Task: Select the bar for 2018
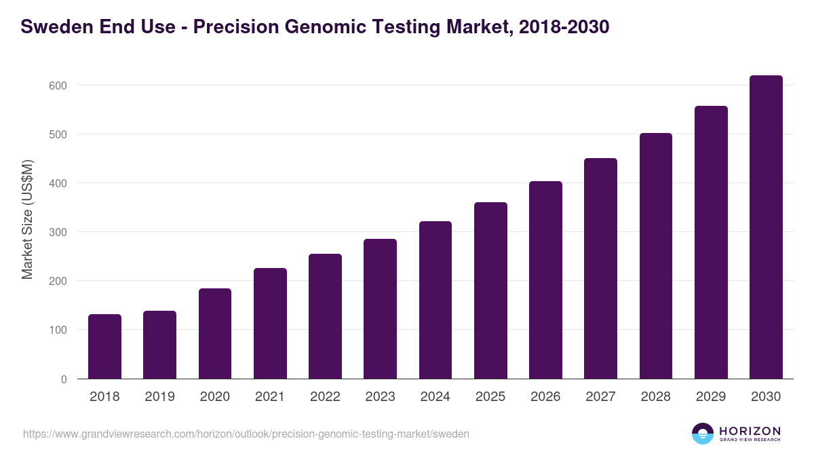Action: pyautogui.click(x=104, y=347)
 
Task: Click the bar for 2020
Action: pyautogui.click(x=215, y=334)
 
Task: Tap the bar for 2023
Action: pyautogui.click(x=380, y=309)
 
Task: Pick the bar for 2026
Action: pyautogui.click(x=545, y=280)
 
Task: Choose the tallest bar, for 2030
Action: pyautogui.click(x=766, y=227)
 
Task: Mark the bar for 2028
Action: pyautogui.click(x=656, y=256)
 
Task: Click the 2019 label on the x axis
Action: pyautogui.click(x=159, y=397)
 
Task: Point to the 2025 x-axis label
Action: pyautogui.click(x=490, y=397)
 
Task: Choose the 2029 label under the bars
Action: pyautogui.click(x=711, y=397)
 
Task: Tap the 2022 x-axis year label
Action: pyautogui.click(x=325, y=397)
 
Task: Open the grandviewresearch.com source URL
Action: pyautogui.click(x=246, y=434)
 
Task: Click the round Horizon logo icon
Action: pyautogui.click(x=703, y=434)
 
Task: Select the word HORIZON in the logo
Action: pyautogui.click(x=750, y=430)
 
